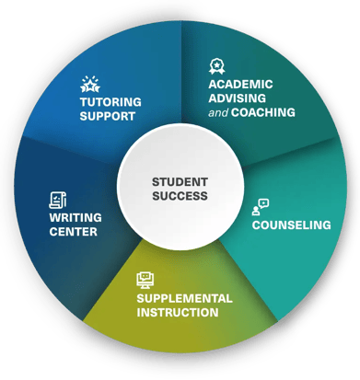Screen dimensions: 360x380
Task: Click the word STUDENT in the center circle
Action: [180, 181]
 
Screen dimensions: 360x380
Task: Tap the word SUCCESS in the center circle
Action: [180, 195]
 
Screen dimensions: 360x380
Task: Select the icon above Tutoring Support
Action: [89, 86]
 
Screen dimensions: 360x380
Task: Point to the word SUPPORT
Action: [107, 116]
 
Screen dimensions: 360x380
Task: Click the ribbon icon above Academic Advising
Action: [217, 66]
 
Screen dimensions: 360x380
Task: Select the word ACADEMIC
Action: [240, 85]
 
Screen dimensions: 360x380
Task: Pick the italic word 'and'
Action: [218, 112]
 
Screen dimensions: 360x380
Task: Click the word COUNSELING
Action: [291, 225]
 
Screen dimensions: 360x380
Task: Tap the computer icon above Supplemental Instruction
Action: [145, 280]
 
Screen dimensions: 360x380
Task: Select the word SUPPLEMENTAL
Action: [184, 298]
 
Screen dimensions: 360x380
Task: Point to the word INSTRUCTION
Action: [177, 312]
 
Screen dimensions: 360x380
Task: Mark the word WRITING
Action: [75, 217]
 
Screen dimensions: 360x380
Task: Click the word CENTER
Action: [73, 231]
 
